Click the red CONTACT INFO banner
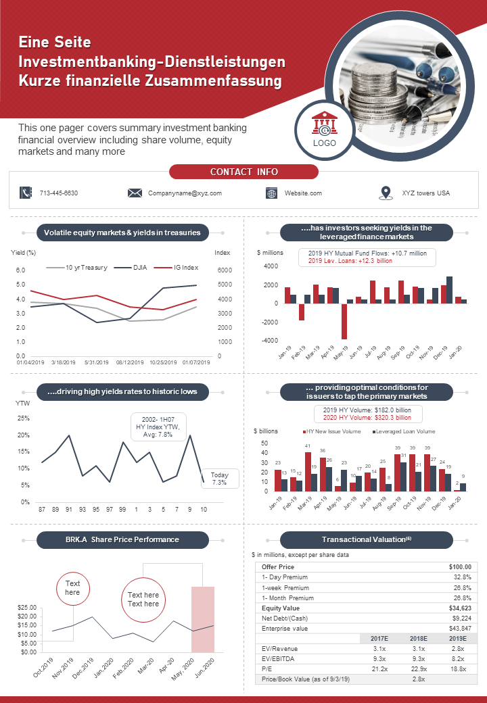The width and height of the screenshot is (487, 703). tap(243, 172)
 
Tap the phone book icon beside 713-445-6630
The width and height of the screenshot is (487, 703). tap(26, 193)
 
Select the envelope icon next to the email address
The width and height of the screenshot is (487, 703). tap(135, 193)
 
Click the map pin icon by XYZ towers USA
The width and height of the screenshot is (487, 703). tap(386, 193)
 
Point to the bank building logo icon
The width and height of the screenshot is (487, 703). tap(325, 123)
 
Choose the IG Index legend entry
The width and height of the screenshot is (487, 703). tap(177, 268)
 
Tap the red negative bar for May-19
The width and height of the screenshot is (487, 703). tap(344, 321)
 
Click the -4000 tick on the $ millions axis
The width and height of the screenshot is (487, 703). tap(271, 340)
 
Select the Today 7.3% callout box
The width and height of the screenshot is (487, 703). tap(219, 479)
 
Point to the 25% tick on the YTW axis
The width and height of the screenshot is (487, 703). tap(24, 418)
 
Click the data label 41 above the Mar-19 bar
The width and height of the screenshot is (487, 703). tap(308, 446)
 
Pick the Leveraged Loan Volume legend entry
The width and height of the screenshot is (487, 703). tap(404, 431)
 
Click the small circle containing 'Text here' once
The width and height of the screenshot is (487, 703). tap(72, 588)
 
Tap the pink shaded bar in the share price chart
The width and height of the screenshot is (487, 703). tap(203, 619)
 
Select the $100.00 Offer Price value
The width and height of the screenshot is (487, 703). tap(460, 566)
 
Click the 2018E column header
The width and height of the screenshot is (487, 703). tap(419, 638)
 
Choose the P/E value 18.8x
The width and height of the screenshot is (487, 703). tap(458, 669)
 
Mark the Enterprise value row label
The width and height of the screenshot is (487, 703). tap(285, 629)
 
